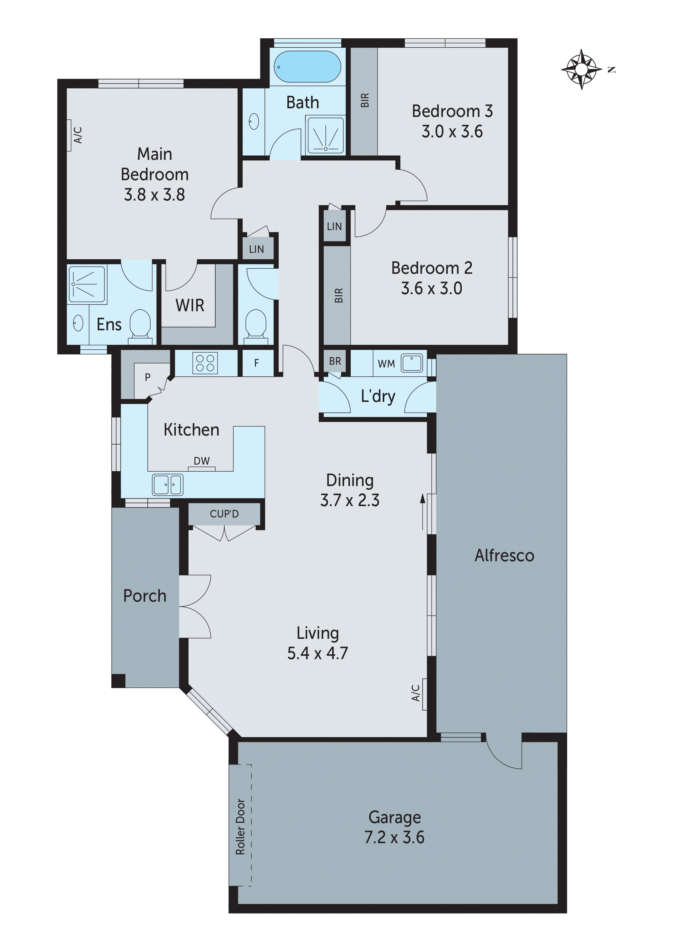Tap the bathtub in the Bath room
[x=307, y=67]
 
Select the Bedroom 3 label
[x=452, y=111]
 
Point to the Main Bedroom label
[x=155, y=164]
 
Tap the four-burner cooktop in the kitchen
[x=205, y=363]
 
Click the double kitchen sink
[x=167, y=485]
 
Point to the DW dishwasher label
[x=202, y=461]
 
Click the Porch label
[x=145, y=596]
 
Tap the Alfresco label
[x=504, y=556]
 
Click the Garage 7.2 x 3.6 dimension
[x=394, y=837]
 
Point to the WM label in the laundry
[x=386, y=364]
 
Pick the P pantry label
[x=147, y=377]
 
